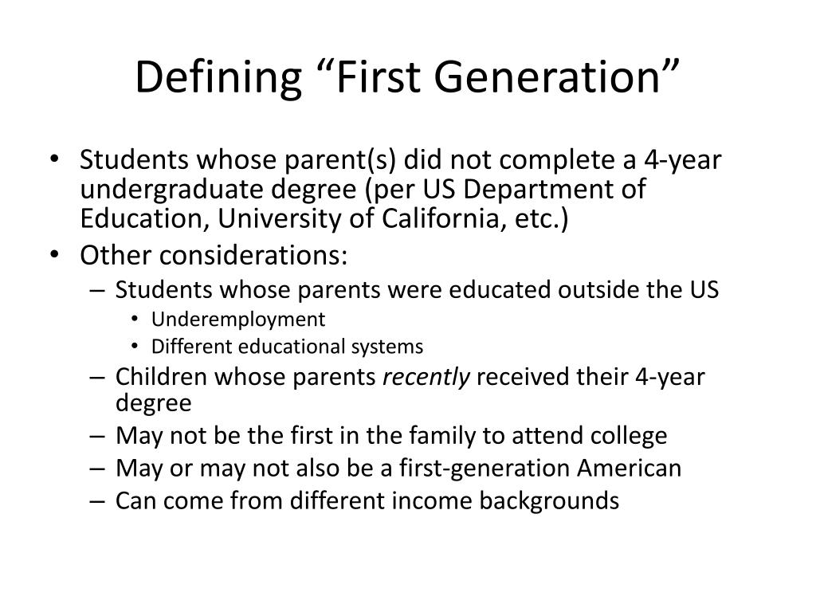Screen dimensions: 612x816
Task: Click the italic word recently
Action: [427, 376]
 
